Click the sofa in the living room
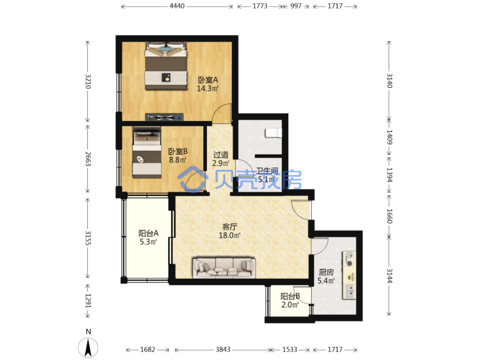coord(224,268)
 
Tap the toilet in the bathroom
coord(273,133)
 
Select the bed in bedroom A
coord(166,66)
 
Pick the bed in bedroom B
coord(147,152)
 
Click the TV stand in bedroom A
coord(165,117)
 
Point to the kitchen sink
coord(349,291)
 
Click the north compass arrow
coord(88,347)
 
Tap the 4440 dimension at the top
coord(177,6)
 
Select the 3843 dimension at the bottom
coord(223,349)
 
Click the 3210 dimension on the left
coord(88,81)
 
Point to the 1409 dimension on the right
coord(389,137)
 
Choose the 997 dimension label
coord(296,6)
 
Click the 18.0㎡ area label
coord(230,235)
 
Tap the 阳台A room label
coord(149,233)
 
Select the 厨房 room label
coord(326,272)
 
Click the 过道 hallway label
coord(221,155)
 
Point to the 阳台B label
coord(290,296)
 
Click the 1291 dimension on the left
coord(88,301)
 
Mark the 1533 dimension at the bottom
coord(290,349)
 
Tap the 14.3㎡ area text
coord(208,88)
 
